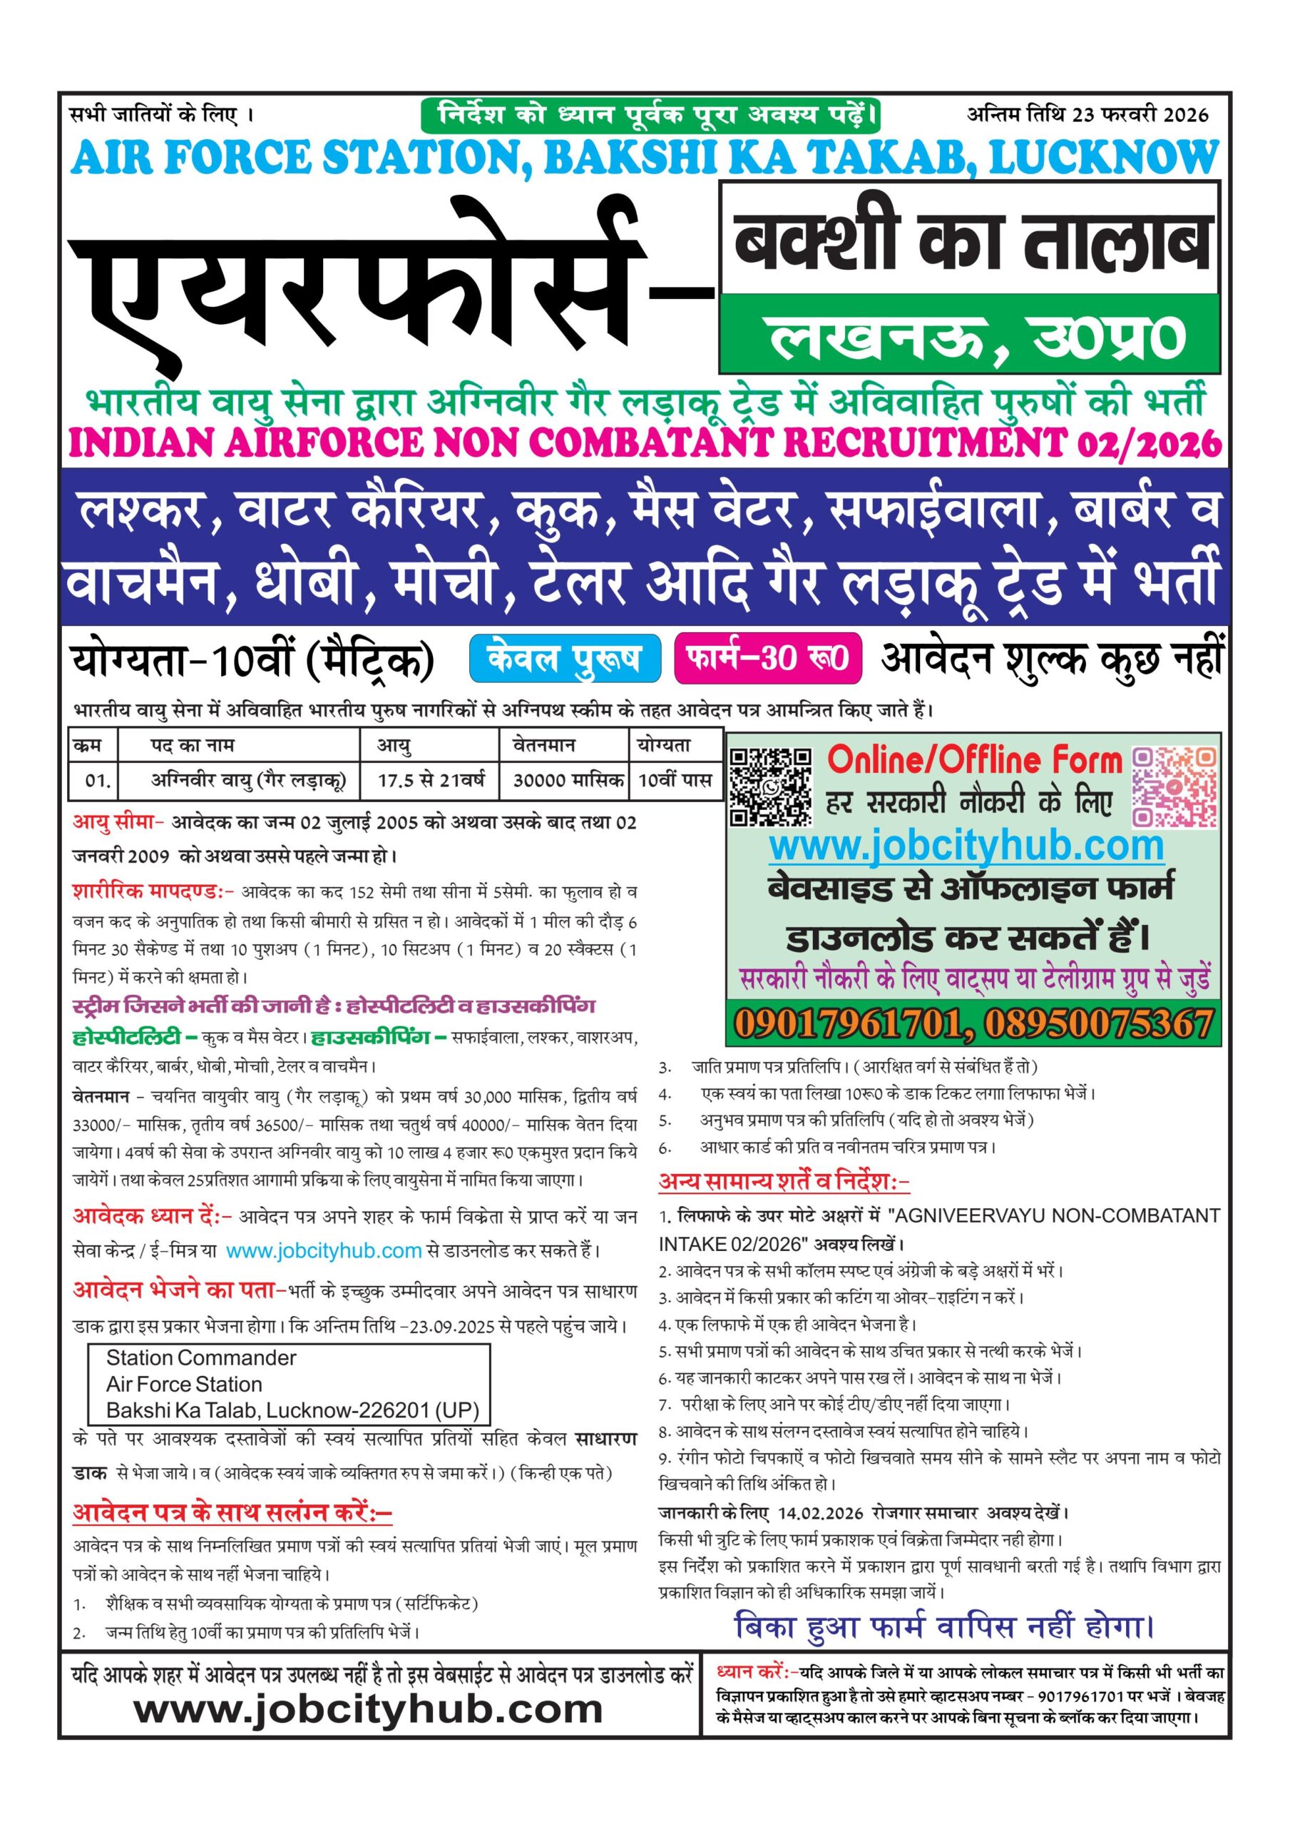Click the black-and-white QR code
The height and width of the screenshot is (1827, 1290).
770,786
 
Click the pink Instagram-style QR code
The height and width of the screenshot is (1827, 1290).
1174,786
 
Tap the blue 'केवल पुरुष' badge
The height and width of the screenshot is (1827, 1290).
565,659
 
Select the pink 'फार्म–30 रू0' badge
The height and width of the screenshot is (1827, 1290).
767,658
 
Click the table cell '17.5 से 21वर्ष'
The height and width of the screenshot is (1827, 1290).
430,780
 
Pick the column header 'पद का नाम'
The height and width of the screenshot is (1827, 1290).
193,746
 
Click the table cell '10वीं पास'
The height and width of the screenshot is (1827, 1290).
675,780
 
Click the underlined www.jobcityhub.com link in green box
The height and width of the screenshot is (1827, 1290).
966,846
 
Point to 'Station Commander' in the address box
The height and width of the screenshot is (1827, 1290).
201,1357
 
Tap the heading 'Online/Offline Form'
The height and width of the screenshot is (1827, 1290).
973,761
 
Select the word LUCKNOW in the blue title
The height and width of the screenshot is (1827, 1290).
1102,158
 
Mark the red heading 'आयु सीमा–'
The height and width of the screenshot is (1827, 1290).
118,822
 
